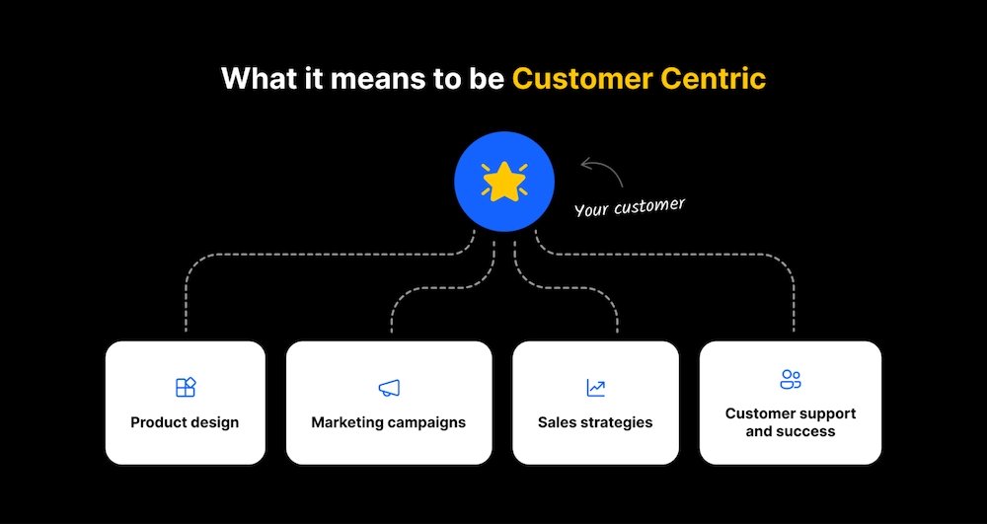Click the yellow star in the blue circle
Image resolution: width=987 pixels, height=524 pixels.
click(x=503, y=182)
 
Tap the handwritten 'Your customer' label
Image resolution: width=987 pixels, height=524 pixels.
click(x=630, y=207)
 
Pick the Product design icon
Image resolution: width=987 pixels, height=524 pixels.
click(x=186, y=387)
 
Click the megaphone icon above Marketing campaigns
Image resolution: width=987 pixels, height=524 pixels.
click(x=389, y=388)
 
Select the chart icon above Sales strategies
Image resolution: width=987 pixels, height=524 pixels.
click(x=595, y=388)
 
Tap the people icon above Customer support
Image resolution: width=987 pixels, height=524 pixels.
click(x=791, y=380)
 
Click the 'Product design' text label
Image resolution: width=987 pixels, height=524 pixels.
click(x=185, y=422)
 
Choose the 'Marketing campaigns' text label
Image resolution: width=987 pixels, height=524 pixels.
click(x=388, y=422)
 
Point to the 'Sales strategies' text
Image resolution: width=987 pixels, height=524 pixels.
click(x=595, y=422)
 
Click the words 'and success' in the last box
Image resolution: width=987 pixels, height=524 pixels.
click(x=791, y=431)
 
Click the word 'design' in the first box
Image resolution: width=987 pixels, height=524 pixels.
click(x=214, y=422)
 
